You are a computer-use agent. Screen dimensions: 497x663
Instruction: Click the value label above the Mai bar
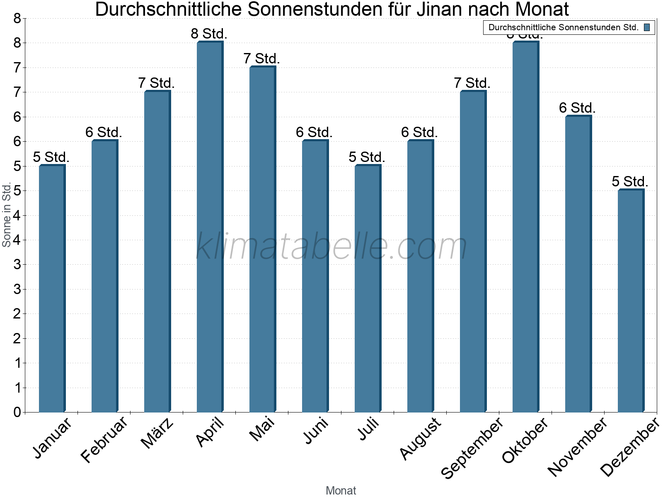click(x=261, y=59)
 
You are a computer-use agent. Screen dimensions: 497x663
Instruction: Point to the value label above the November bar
click(x=577, y=108)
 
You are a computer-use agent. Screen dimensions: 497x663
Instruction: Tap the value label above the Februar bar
click(x=104, y=133)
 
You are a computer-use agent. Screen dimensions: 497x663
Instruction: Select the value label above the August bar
click(x=419, y=133)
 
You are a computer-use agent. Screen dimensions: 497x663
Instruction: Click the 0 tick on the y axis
click(x=17, y=412)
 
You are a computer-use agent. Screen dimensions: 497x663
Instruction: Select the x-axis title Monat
click(x=341, y=490)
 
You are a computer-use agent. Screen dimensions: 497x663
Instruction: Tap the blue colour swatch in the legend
click(x=647, y=28)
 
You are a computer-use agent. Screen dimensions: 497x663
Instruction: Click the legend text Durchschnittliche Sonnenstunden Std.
click(x=563, y=28)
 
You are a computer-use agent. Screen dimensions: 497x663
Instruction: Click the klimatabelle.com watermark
click(x=331, y=246)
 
